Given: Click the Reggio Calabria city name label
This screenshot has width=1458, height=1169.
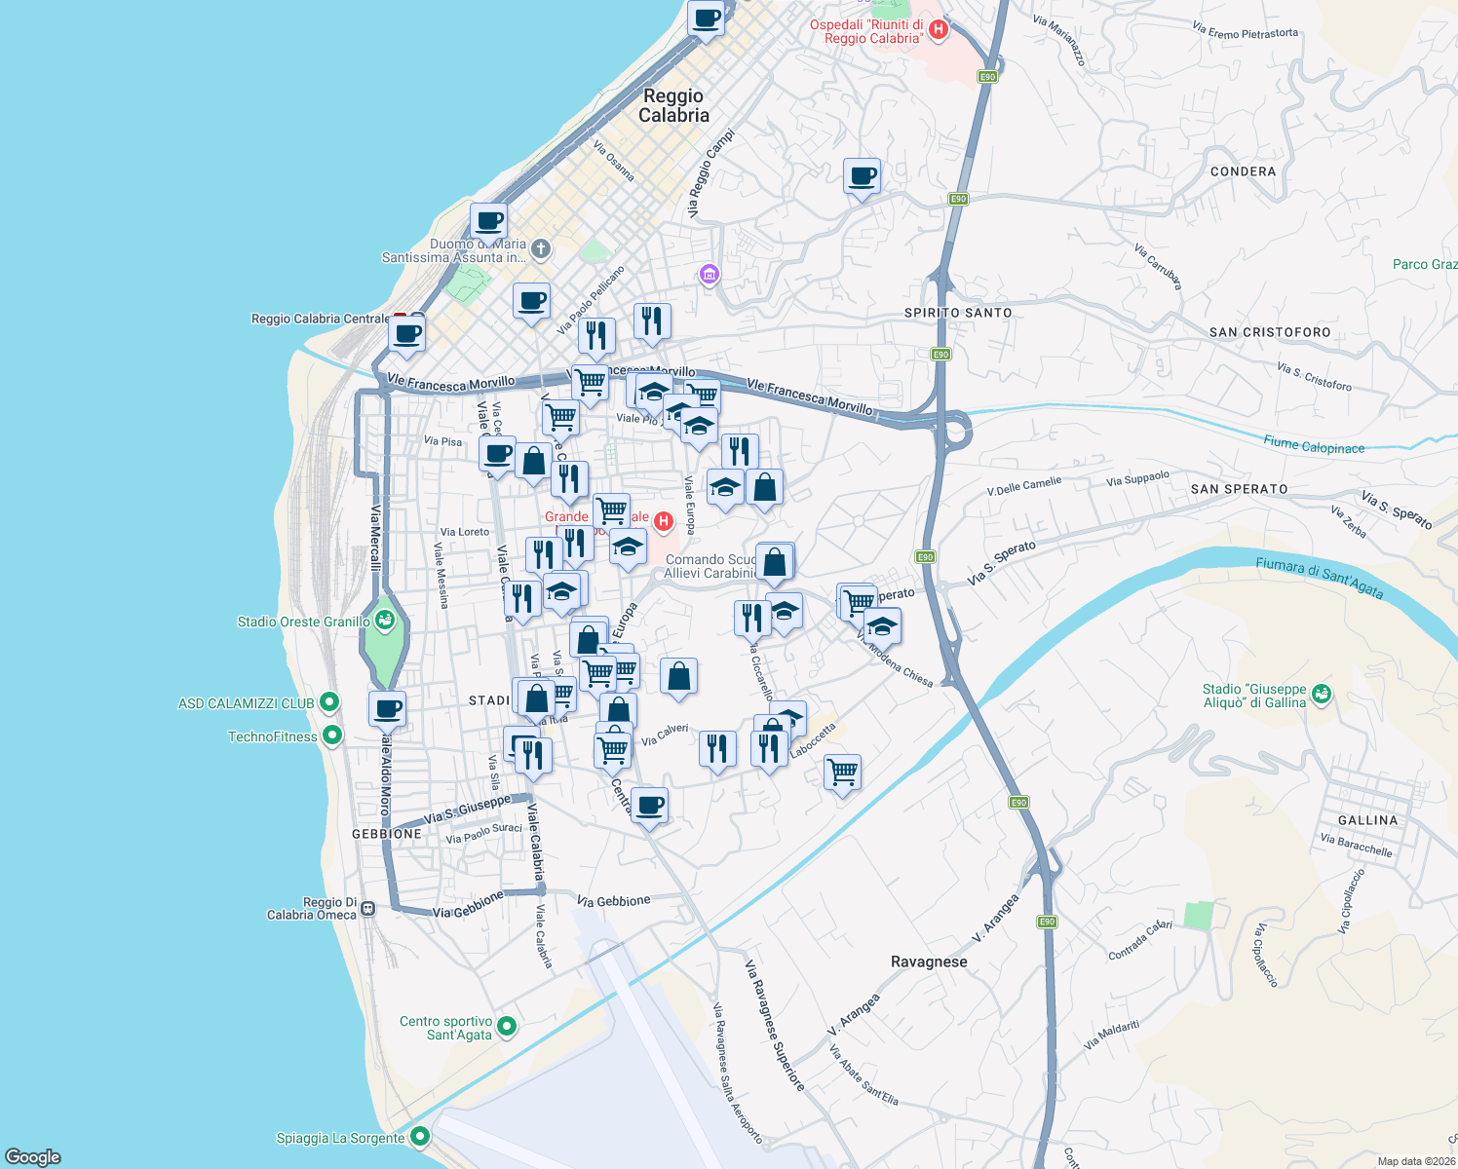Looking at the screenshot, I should (x=673, y=105).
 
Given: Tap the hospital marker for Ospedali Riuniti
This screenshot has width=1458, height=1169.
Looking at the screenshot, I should (x=938, y=30).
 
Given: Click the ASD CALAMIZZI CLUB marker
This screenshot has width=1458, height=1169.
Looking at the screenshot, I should (x=329, y=702).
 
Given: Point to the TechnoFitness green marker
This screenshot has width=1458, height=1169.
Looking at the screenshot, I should (x=332, y=735).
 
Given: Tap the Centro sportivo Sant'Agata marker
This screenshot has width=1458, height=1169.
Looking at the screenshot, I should (x=506, y=1027).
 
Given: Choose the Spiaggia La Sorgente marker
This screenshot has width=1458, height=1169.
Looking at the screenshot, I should (x=420, y=1137).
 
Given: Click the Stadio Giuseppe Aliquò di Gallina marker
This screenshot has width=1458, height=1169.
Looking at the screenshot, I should (x=1322, y=695).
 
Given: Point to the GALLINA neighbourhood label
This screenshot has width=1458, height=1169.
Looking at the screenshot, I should (x=1367, y=820).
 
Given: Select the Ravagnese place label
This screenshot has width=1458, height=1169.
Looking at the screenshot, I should (x=929, y=962).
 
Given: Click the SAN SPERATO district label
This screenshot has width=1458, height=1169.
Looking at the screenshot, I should (x=1239, y=489).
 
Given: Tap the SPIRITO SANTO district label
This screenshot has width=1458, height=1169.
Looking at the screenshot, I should (x=958, y=313).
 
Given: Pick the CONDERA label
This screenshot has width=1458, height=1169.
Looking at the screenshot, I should (x=1243, y=171).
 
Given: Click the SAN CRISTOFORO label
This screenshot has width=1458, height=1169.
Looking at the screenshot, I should (x=1270, y=332).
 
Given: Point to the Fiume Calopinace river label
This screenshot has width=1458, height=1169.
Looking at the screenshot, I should (x=1314, y=445).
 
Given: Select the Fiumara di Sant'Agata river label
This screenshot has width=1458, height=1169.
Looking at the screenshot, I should (x=1319, y=577).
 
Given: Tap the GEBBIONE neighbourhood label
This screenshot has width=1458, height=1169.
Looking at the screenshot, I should (x=387, y=834).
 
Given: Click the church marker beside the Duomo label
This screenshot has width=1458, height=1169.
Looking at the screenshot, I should (x=541, y=249).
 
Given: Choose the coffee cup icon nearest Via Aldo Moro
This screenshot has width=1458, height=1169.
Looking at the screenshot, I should (x=387, y=709).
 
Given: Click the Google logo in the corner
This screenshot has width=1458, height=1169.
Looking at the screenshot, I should (x=33, y=1156).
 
